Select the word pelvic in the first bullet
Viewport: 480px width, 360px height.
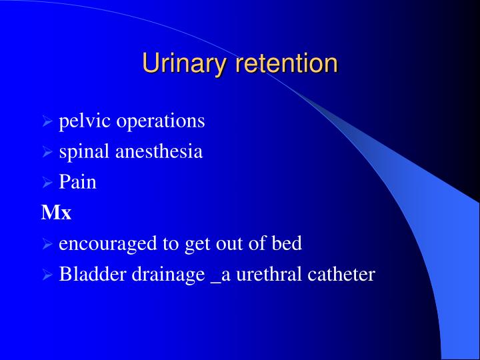(85, 121)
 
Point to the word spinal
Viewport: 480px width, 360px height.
(85, 152)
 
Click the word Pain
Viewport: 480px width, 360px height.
(78, 182)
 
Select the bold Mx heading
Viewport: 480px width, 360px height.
(56, 213)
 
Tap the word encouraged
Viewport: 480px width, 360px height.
(109, 243)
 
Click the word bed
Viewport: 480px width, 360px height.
(287, 243)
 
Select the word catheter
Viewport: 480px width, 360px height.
(341, 274)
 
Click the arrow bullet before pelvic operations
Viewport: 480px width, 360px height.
(47, 122)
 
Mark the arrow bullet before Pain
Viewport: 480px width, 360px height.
(47, 183)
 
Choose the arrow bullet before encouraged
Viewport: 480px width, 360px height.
(47, 244)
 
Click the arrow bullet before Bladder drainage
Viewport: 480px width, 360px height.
(47, 275)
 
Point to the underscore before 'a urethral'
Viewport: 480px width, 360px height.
(215, 280)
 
